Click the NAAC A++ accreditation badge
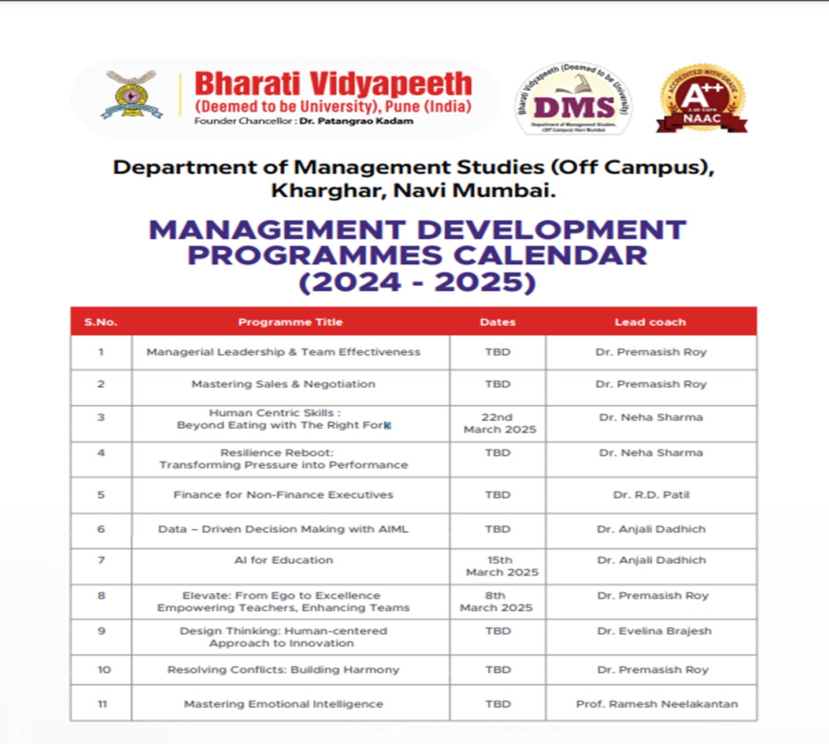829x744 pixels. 701,99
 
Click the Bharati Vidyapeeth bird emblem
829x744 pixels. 132,94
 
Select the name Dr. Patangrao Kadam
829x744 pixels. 356,121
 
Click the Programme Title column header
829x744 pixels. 290,322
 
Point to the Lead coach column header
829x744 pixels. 650,322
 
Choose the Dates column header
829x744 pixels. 497,322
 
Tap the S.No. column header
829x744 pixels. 101,322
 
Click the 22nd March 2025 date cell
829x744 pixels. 499,423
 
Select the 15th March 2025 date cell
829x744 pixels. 501,566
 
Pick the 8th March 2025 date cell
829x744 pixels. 496,601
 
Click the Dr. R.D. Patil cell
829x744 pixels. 651,495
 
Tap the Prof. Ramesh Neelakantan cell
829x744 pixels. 656,704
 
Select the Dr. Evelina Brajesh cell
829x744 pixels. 654,631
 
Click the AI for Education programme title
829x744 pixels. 284,560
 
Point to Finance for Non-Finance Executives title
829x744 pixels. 283,495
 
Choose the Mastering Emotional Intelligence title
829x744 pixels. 283,704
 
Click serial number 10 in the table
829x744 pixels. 104,670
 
